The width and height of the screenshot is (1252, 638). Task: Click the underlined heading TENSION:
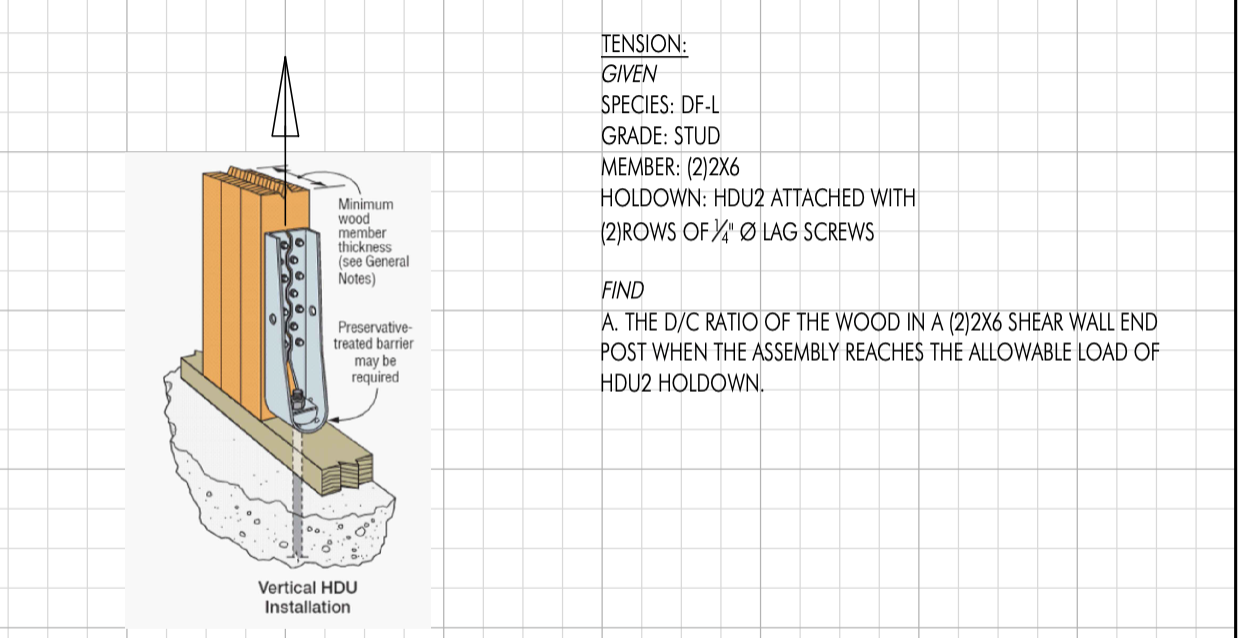(644, 44)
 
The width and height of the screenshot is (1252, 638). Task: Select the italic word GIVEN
(629, 74)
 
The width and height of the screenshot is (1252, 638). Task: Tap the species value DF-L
(700, 105)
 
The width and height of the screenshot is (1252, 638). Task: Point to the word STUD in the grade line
(697, 136)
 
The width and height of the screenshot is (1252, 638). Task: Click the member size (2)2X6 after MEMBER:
(713, 167)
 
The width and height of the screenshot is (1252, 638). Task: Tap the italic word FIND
(622, 291)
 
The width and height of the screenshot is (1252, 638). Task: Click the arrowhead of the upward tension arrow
(285, 96)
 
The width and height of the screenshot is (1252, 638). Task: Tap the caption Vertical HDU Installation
(307, 597)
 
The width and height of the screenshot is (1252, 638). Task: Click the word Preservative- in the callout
(374, 327)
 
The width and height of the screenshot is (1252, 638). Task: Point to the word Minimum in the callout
(366, 204)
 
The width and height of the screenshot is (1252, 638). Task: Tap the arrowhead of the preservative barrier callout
(335, 419)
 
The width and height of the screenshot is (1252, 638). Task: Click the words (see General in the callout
(373, 262)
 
